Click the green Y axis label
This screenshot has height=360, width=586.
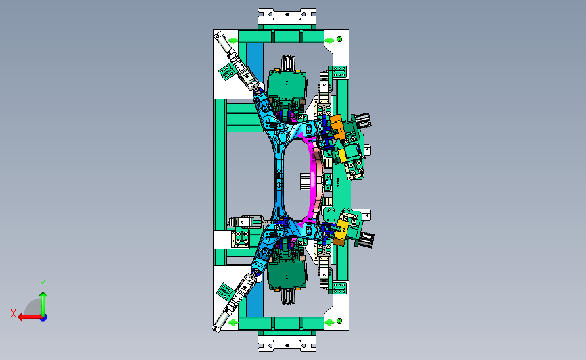click(x=42, y=284)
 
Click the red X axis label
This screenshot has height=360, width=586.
click(x=14, y=313)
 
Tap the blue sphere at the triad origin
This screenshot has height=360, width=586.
click(x=43, y=318)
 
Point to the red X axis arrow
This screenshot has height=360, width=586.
click(x=30, y=317)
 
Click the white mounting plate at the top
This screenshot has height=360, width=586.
click(x=287, y=17)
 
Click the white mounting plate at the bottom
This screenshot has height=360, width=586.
click(x=287, y=343)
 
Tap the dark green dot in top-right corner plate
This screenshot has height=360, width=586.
click(x=339, y=39)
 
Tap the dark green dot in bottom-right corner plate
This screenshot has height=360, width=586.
click(x=339, y=321)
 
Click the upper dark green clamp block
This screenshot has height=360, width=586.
click(x=287, y=83)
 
